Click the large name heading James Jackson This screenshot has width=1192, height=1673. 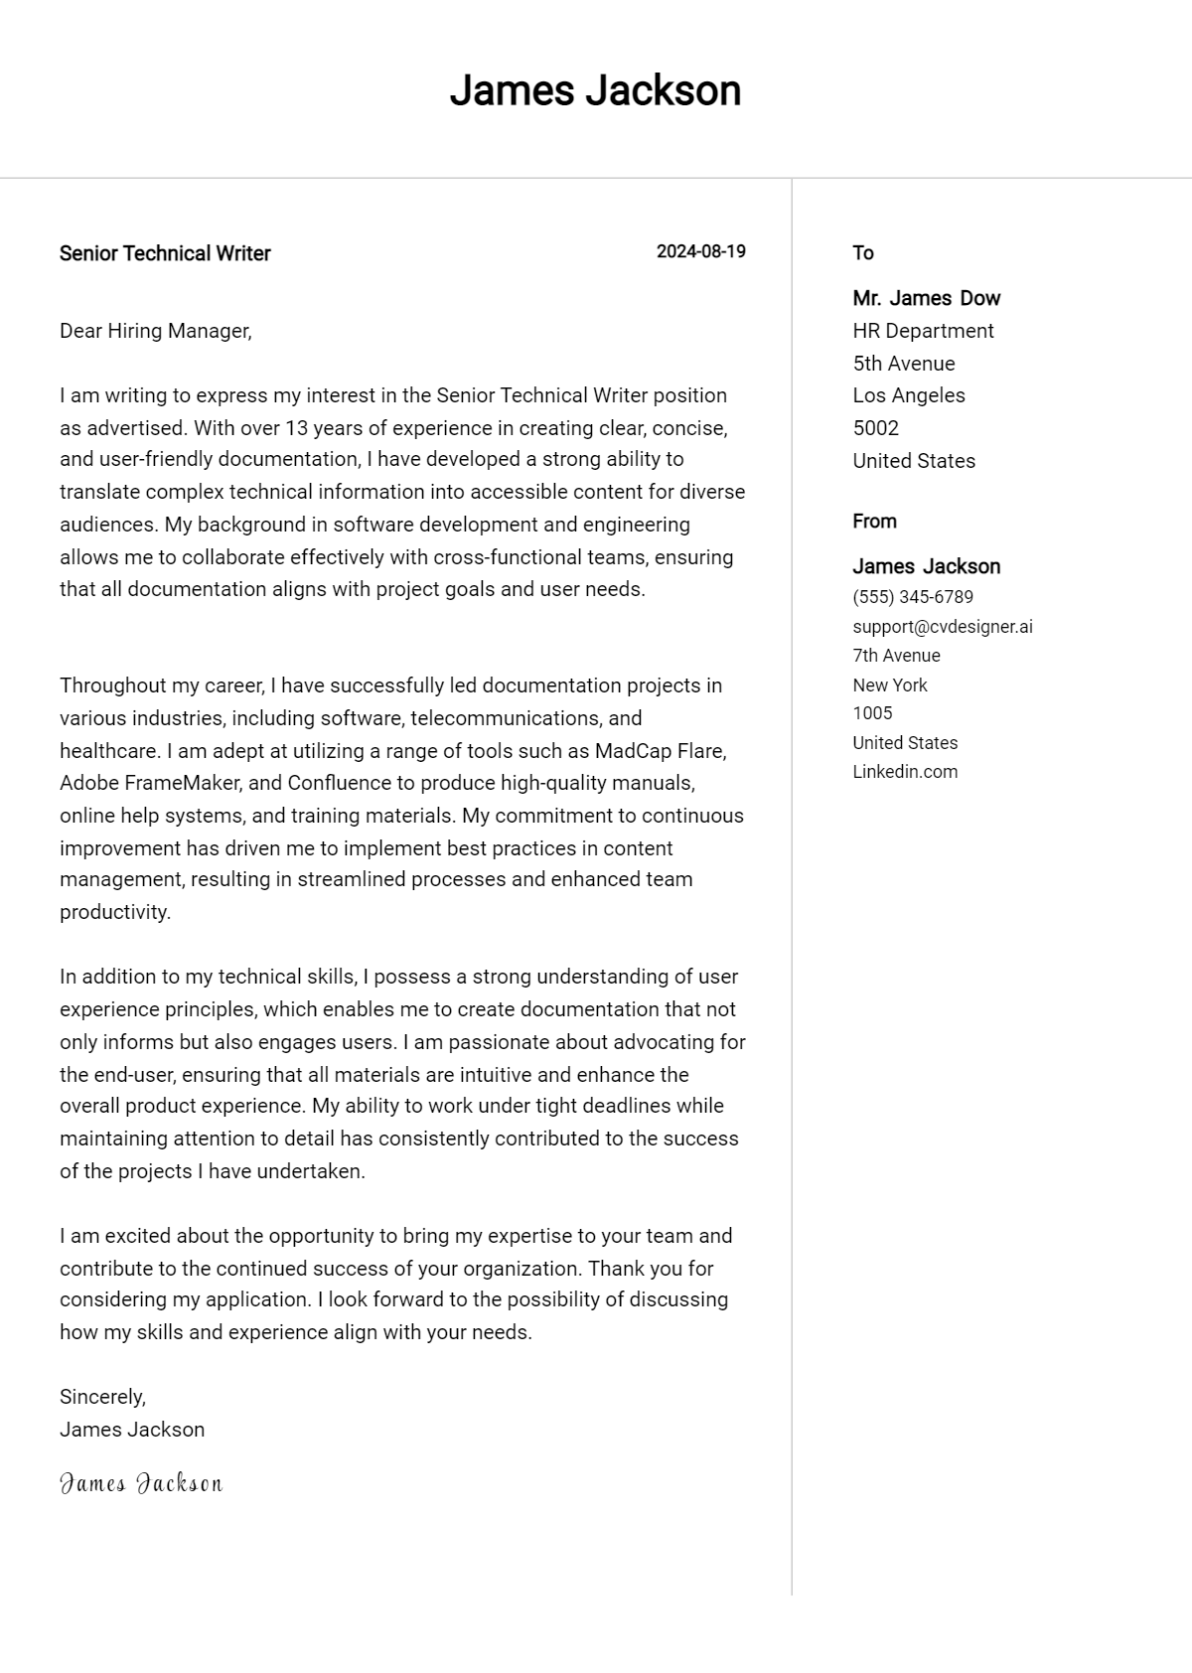point(595,90)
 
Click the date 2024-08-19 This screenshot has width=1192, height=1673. point(700,251)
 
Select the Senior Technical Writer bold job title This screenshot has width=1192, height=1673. point(165,253)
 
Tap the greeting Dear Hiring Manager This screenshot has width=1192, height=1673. point(155,331)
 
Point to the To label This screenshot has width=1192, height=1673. point(862,253)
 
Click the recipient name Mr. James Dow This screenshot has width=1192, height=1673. point(926,298)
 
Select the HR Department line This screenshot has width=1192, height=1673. point(923,331)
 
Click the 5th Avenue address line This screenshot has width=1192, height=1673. point(903,364)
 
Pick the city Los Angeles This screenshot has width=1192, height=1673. point(908,395)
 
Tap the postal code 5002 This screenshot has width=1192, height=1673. point(875,428)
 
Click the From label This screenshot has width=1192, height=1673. point(874,522)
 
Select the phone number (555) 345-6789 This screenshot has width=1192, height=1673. point(912,597)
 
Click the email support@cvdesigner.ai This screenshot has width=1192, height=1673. point(942,627)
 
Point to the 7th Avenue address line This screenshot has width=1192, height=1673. point(896,656)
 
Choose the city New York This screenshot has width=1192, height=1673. point(889,685)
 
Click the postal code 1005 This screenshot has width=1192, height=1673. point(872,713)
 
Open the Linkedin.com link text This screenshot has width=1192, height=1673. point(904,772)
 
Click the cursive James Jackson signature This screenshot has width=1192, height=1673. point(141,1484)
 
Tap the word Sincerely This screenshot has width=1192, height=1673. point(102,1397)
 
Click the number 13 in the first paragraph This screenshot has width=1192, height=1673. point(297,428)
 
